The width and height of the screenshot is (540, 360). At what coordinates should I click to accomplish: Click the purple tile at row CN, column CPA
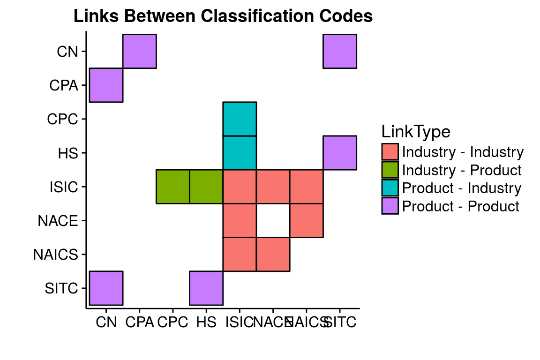(139, 51)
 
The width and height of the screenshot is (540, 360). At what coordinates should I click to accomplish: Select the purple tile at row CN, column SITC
(340, 51)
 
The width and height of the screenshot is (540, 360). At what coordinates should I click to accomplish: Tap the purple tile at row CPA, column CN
(106, 85)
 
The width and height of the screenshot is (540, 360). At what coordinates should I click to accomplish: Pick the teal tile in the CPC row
(240, 119)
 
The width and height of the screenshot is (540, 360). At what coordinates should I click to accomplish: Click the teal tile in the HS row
(240, 153)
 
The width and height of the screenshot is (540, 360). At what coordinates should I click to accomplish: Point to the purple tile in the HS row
(340, 153)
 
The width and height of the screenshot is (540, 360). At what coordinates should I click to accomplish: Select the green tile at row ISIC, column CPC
(172, 187)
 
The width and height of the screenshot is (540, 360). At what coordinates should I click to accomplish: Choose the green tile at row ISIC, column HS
(206, 187)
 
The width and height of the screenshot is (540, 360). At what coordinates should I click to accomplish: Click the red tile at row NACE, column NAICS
(306, 220)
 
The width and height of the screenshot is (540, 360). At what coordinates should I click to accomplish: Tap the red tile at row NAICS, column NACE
(273, 254)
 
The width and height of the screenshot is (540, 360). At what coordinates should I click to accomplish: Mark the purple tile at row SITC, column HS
(206, 288)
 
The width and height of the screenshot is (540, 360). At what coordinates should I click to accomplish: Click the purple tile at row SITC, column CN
(106, 288)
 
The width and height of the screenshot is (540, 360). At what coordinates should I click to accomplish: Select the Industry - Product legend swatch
(390, 170)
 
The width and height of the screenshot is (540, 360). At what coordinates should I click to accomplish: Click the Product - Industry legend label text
(462, 188)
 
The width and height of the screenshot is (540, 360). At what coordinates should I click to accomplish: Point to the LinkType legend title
(416, 132)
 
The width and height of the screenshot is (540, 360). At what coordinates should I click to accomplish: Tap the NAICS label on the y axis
(55, 255)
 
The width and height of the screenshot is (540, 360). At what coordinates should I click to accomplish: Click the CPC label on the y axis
(62, 119)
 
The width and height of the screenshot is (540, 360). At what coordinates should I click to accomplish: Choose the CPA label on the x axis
(139, 322)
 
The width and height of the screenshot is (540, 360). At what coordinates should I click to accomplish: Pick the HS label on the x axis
(206, 322)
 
